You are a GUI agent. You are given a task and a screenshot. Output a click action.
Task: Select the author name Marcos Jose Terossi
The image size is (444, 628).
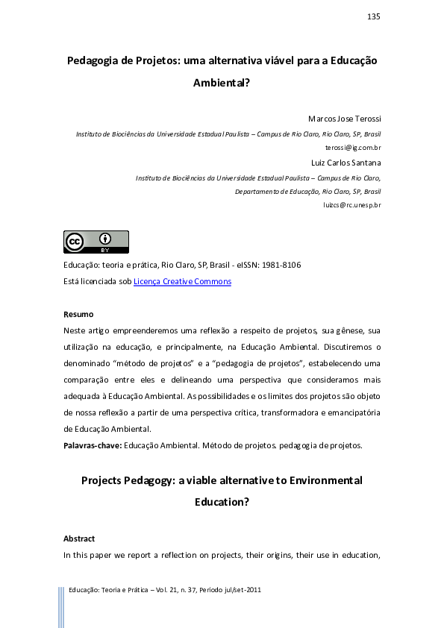[345, 119]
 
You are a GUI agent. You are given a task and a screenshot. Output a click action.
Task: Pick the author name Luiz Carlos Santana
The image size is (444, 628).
[346, 163]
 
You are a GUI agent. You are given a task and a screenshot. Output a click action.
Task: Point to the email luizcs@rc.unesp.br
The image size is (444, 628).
[351, 204]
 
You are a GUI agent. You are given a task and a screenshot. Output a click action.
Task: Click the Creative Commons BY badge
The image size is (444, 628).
[96, 242]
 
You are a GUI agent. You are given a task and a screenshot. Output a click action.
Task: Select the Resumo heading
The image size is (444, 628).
[78, 314]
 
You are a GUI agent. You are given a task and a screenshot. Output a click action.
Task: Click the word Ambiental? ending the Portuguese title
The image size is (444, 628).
[222, 84]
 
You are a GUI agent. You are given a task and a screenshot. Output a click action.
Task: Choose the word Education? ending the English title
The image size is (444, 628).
[222, 503]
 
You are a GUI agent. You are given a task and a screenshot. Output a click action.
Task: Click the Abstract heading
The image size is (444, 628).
[79, 538]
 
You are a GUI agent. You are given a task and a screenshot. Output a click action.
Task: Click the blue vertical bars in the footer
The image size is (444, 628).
[61, 606]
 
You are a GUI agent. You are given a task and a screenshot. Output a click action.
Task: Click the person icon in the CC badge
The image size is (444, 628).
[106, 239]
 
